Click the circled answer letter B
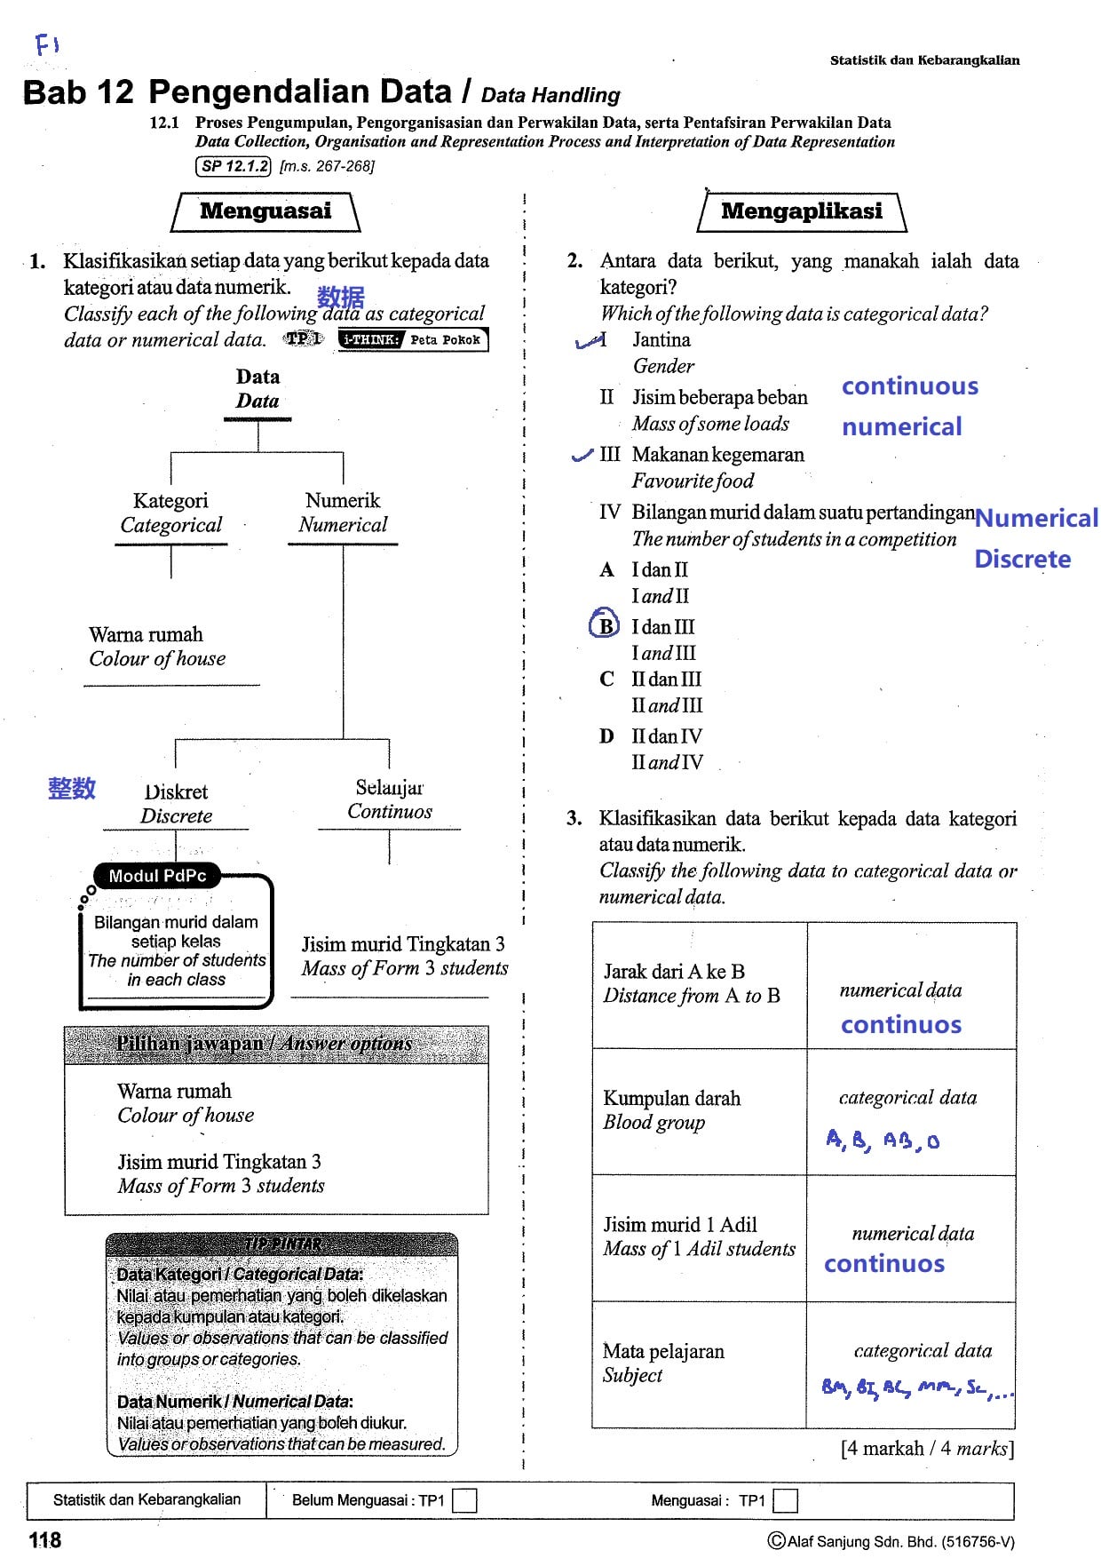pos(604,624)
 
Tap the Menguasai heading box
pos(265,212)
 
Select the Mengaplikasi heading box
pos(802,212)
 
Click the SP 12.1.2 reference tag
pos(233,166)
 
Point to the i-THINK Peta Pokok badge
pos(413,339)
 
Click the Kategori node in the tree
pos(171,513)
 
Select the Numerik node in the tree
pos(343,513)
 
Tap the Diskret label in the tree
pos(177,803)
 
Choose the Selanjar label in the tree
pos(390,799)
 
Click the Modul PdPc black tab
pos(157,876)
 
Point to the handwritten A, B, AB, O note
pos(883,1140)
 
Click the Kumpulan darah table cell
pos(700,1111)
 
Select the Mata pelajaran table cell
pos(700,1364)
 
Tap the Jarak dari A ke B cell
pos(700,985)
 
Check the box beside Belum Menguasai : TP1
pos(464,1500)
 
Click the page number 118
pos(44,1540)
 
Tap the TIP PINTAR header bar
pos(282,1244)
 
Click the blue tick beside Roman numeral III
pos(582,456)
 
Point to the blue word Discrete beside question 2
pos(1023,559)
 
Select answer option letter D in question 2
pos(606,736)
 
